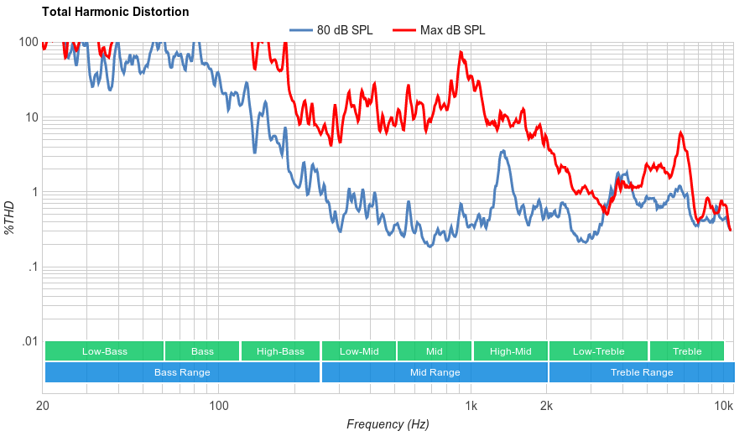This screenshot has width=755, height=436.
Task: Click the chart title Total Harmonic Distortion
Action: pyautogui.click(x=115, y=12)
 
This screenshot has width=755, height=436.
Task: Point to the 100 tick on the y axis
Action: pyautogui.click(x=29, y=42)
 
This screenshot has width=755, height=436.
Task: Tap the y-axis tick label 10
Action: pyautogui.click(x=32, y=117)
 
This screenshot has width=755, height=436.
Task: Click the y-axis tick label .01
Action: pyautogui.click(x=30, y=342)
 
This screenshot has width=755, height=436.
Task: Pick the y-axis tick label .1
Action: pyautogui.click(x=33, y=267)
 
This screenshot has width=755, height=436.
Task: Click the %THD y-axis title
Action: pyautogui.click(x=10, y=217)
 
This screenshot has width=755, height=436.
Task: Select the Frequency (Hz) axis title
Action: pyautogui.click(x=388, y=424)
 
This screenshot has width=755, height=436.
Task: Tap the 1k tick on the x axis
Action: pyautogui.click(x=471, y=407)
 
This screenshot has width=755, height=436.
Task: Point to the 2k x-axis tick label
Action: pyautogui.click(x=546, y=407)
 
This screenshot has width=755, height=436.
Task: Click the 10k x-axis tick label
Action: pyautogui.click(x=724, y=407)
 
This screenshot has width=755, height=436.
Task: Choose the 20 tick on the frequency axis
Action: pyautogui.click(x=43, y=407)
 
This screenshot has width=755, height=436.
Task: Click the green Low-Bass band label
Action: pyautogui.click(x=105, y=351)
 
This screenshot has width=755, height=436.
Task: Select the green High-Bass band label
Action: pyautogui.click(x=280, y=351)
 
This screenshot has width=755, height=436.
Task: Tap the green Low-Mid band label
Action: pyautogui.click(x=359, y=351)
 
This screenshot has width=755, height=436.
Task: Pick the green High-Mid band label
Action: pyautogui.click(x=510, y=351)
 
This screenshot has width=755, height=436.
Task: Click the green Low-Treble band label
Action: pyautogui.click(x=598, y=351)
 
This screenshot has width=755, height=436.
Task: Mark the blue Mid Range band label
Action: pyautogui.click(x=435, y=372)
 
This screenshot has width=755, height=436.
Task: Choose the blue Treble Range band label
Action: pyautogui.click(x=642, y=372)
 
